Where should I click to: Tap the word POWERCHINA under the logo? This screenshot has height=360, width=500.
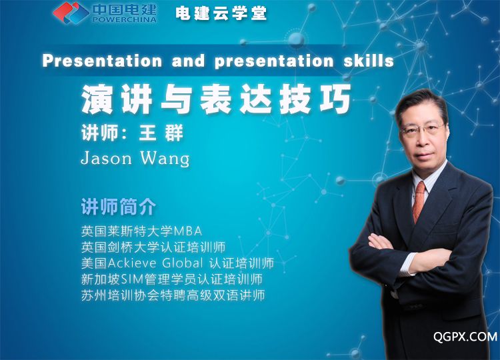coord(125,19)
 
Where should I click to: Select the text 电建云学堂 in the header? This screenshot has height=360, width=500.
coord(221,13)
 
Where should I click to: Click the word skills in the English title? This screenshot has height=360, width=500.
coord(369,61)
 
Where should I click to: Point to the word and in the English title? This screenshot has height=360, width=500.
coord(188,61)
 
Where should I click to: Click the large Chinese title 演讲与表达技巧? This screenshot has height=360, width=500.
coord(216,99)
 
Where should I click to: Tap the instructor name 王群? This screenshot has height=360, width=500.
coord(161,133)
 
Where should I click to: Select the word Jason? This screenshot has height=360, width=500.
coord(106,158)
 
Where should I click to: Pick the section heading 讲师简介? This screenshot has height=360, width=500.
coord(119,207)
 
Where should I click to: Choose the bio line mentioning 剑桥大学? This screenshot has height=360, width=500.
coord(153,247)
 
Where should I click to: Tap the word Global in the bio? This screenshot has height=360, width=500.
coord(183,263)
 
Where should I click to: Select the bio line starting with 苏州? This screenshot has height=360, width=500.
coord(173,295)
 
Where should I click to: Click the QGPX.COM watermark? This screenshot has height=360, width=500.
coord(465,337)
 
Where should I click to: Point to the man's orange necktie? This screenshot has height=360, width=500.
coord(419,202)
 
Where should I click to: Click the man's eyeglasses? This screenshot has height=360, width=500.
coord(421,130)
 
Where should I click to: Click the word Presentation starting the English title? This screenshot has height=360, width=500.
coord(102,61)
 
